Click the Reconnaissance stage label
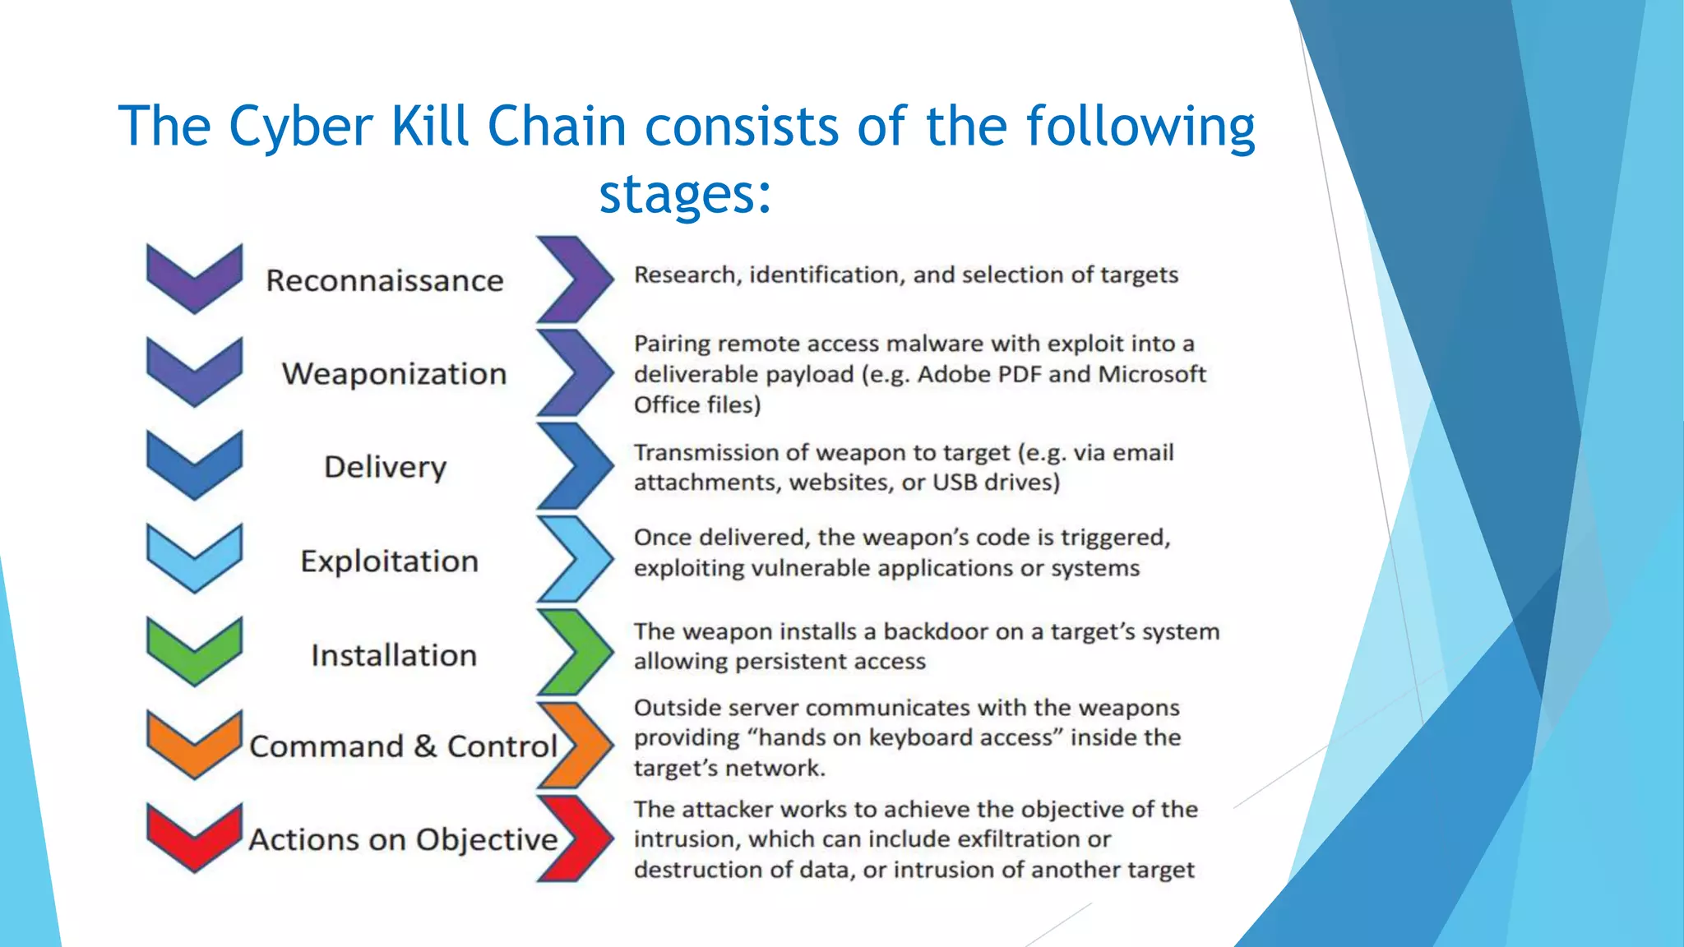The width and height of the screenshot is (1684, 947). pyautogui.click(x=384, y=281)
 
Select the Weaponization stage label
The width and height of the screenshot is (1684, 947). pyautogui.click(x=394, y=374)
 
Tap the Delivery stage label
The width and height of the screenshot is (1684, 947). pyautogui.click(x=385, y=467)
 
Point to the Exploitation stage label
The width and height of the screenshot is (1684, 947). pyautogui.click(x=389, y=561)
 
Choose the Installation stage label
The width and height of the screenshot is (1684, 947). pyautogui.click(x=394, y=655)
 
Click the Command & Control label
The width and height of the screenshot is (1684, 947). pyautogui.click(x=403, y=746)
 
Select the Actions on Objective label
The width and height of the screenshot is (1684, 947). pyautogui.click(x=403, y=839)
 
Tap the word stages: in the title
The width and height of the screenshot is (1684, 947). pyautogui.click(x=685, y=194)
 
